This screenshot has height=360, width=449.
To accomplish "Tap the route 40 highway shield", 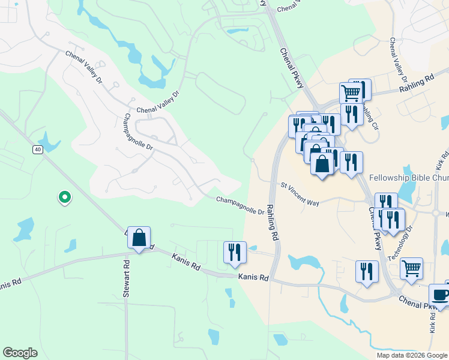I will (x=38, y=149).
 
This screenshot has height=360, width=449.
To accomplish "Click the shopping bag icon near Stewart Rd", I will (x=139, y=238).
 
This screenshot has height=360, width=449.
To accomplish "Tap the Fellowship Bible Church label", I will (x=408, y=178).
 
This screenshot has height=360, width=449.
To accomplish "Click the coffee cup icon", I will (x=440, y=295).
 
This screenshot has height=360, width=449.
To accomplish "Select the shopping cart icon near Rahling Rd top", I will (x=351, y=93).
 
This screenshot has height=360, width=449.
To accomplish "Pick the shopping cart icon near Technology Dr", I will (x=411, y=269).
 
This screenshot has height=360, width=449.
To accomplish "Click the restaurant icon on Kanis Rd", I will (x=235, y=251).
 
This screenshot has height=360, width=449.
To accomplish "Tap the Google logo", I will (x=20, y=353).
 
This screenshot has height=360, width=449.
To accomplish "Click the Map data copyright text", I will (x=412, y=355).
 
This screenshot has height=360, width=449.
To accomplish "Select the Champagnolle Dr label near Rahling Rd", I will (x=240, y=205).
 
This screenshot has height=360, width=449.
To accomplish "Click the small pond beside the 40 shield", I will (x=50, y=142).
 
